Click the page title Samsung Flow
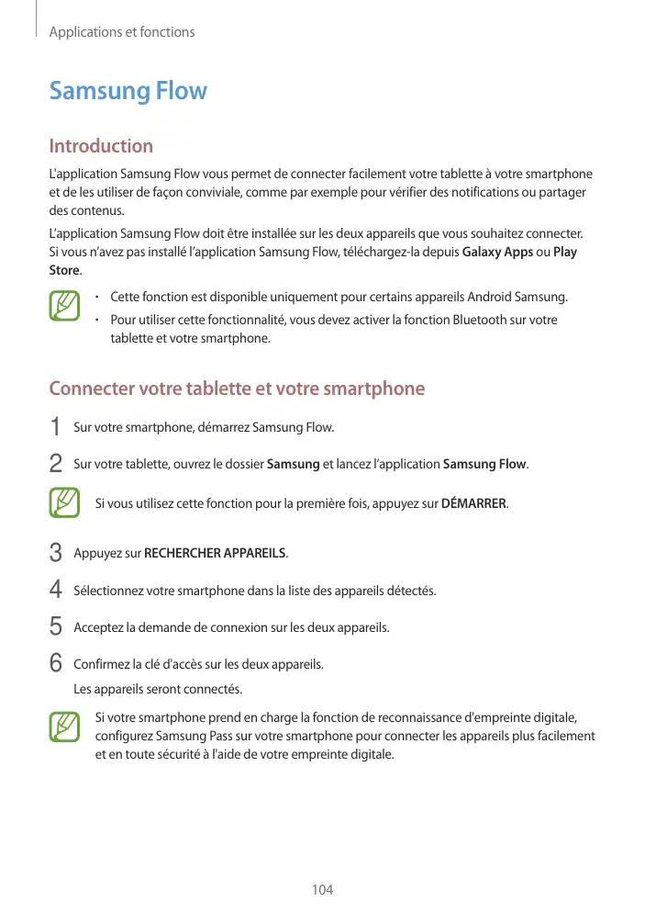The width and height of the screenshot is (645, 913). click(x=128, y=91)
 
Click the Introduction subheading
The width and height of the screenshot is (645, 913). click(x=101, y=146)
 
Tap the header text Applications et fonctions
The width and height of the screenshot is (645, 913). click(x=122, y=32)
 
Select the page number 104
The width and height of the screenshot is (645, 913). click(x=322, y=889)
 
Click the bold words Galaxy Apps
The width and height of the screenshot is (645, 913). click(x=497, y=253)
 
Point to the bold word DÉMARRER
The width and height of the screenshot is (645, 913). click(x=473, y=503)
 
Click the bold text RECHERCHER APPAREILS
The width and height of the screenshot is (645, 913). click(x=216, y=554)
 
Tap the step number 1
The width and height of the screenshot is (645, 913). click(x=56, y=427)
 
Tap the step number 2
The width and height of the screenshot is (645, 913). click(x=56, y=464)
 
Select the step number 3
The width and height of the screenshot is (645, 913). click(x=56, y=554)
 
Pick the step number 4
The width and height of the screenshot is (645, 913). click(x=56, y=590)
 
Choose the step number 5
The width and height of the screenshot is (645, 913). click(x=56, y=627)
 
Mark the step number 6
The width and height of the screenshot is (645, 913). click(x=56, y=663)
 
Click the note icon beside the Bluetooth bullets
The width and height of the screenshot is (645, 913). click(x=64, y=307)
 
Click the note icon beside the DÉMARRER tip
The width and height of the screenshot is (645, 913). click(x=64, y=503)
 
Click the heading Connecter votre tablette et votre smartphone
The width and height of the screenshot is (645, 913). click(x=237, y=389)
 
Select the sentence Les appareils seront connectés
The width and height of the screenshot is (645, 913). click(x=158, y=689)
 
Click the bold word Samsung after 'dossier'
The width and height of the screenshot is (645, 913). click(x=293, y=464)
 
